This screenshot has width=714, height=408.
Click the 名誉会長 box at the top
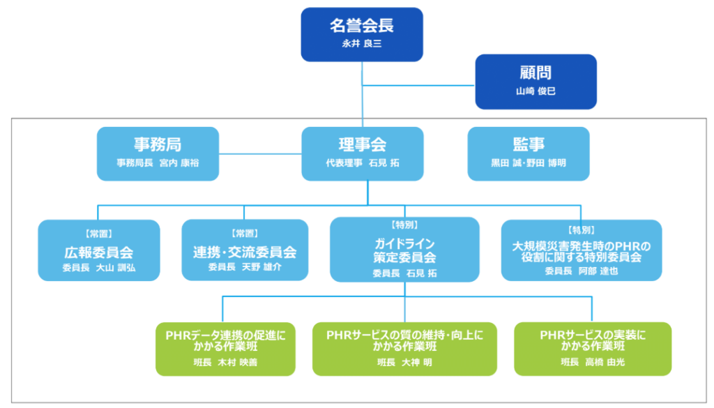(362, 34)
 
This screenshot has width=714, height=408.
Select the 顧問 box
(535, 82)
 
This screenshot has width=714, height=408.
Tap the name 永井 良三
(362, 44)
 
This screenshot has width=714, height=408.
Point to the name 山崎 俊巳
(535, 91)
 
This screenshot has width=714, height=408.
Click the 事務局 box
(158, 153)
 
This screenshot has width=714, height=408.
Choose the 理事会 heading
(362, 144)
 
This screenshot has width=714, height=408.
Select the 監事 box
(528, 153)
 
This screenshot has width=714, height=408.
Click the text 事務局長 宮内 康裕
(158, 163)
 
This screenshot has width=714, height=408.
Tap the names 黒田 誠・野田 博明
(528, 163)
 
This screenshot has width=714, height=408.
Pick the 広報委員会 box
(98, 250)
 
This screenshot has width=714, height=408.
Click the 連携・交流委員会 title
(245, 252)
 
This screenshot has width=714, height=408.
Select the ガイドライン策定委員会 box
(404, 250)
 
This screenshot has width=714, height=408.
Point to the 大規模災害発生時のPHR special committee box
(581, 250)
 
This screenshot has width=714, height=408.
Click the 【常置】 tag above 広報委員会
(98, 234)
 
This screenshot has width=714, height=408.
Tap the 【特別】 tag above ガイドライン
(404, 226)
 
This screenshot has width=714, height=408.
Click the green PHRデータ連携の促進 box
(225, 349)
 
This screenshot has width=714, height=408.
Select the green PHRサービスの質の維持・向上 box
(404, 349)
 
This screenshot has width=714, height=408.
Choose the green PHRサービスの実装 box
(593, 349)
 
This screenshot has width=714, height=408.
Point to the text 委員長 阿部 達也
(581, 271)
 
